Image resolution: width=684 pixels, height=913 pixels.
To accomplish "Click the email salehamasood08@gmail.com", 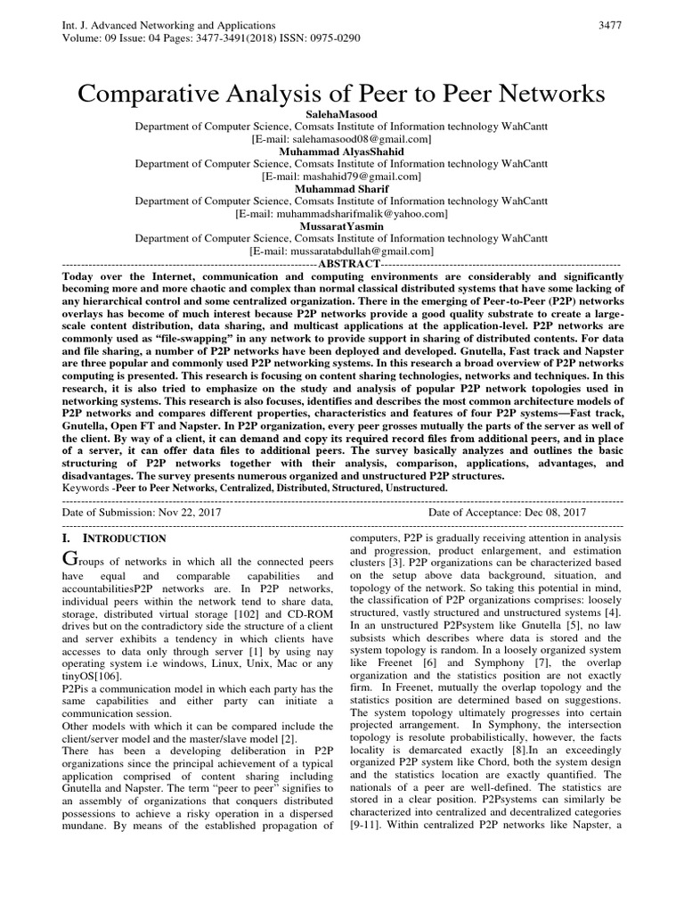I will click(342, 139).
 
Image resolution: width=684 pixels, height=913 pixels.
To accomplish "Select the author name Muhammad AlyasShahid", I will click(342, 152).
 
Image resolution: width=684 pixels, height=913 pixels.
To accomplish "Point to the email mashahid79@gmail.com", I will click(342, 177).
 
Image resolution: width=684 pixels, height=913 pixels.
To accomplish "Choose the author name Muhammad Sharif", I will click(342, 189).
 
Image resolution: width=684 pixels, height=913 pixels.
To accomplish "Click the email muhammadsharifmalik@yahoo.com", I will click(342, 214).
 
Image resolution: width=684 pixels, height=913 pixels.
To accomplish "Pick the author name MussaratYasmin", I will click(342, 226).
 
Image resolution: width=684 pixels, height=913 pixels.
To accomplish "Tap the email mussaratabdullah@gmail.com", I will click(342, 251).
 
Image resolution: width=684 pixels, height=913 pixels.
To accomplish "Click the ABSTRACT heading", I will click(348, 265).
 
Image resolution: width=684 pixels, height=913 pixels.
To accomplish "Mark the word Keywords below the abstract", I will click(87, 489).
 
